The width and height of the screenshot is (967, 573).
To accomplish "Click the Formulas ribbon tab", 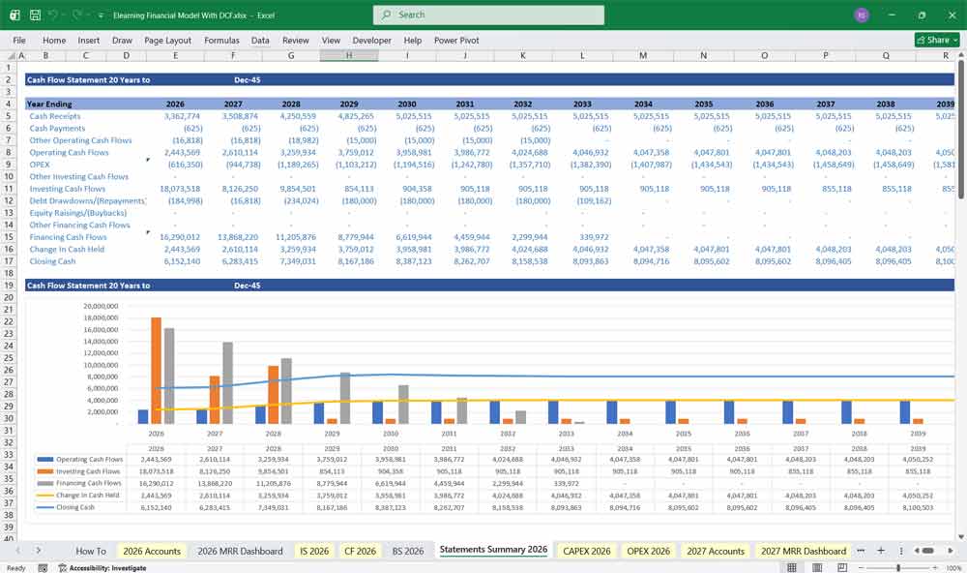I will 221,41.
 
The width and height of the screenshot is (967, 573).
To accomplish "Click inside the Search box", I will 488,15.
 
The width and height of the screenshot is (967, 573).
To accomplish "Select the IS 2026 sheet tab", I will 314,551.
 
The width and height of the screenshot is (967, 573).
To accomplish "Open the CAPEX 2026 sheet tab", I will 587,551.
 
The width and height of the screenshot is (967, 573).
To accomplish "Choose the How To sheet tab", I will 91,551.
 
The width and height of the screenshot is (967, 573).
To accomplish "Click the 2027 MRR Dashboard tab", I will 804,551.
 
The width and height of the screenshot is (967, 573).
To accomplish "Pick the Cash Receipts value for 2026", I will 176,116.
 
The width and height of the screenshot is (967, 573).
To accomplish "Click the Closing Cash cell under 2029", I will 350,261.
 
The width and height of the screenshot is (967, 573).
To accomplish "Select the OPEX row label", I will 41,165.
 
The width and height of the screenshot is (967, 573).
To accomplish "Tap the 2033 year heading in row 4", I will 582,104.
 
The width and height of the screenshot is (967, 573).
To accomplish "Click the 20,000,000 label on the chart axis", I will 101,306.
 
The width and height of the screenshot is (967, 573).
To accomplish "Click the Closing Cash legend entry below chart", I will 75,506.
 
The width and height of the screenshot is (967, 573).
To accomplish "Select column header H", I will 349,56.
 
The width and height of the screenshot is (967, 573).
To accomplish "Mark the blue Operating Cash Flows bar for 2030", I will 378,412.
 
